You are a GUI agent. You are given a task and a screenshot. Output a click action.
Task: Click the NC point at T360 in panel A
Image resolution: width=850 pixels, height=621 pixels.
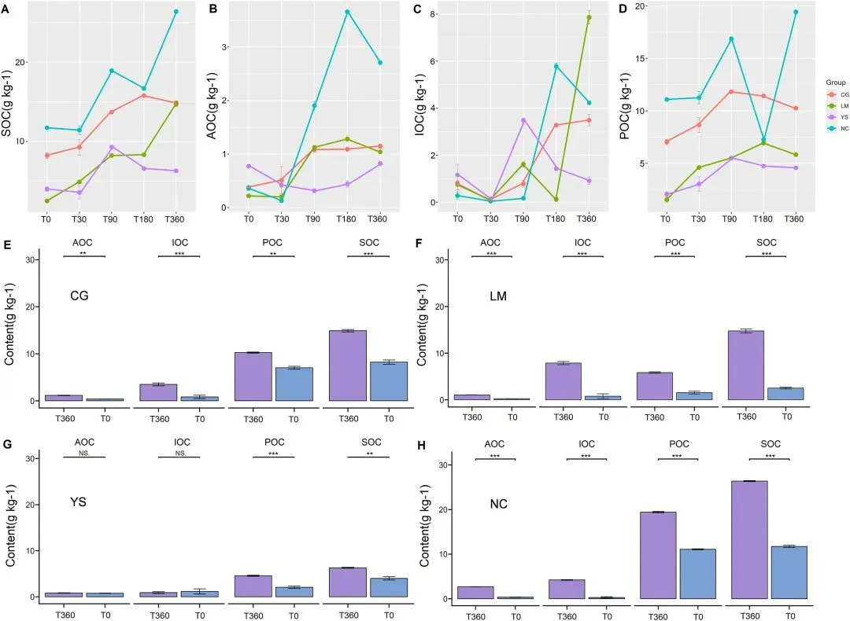coord(176,12)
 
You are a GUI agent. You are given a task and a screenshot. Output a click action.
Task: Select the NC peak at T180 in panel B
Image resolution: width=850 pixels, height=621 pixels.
coord(347,12)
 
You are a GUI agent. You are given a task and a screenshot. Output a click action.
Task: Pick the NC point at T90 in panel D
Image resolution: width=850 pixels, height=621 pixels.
coord(731,39)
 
